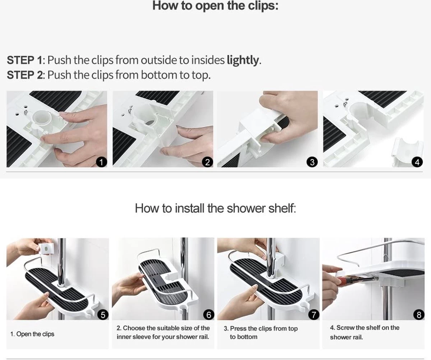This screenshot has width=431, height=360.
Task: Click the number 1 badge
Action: (101, 162)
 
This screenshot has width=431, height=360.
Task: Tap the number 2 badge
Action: (208, 162)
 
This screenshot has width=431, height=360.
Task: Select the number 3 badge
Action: (312, 162)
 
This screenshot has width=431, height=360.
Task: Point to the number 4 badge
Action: (417, 162)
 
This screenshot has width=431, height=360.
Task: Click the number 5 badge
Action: (103, 315)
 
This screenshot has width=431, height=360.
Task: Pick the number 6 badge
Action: (209, 315)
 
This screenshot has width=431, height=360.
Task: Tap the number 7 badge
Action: (314, 315)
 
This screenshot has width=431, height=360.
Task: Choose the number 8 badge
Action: (419, 315)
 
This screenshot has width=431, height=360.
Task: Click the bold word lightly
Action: (243, 61)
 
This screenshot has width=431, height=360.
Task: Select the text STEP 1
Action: (24, 60)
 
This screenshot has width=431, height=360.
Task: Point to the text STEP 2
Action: (25, 75)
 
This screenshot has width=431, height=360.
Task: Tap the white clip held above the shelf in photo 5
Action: (46, 249)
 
